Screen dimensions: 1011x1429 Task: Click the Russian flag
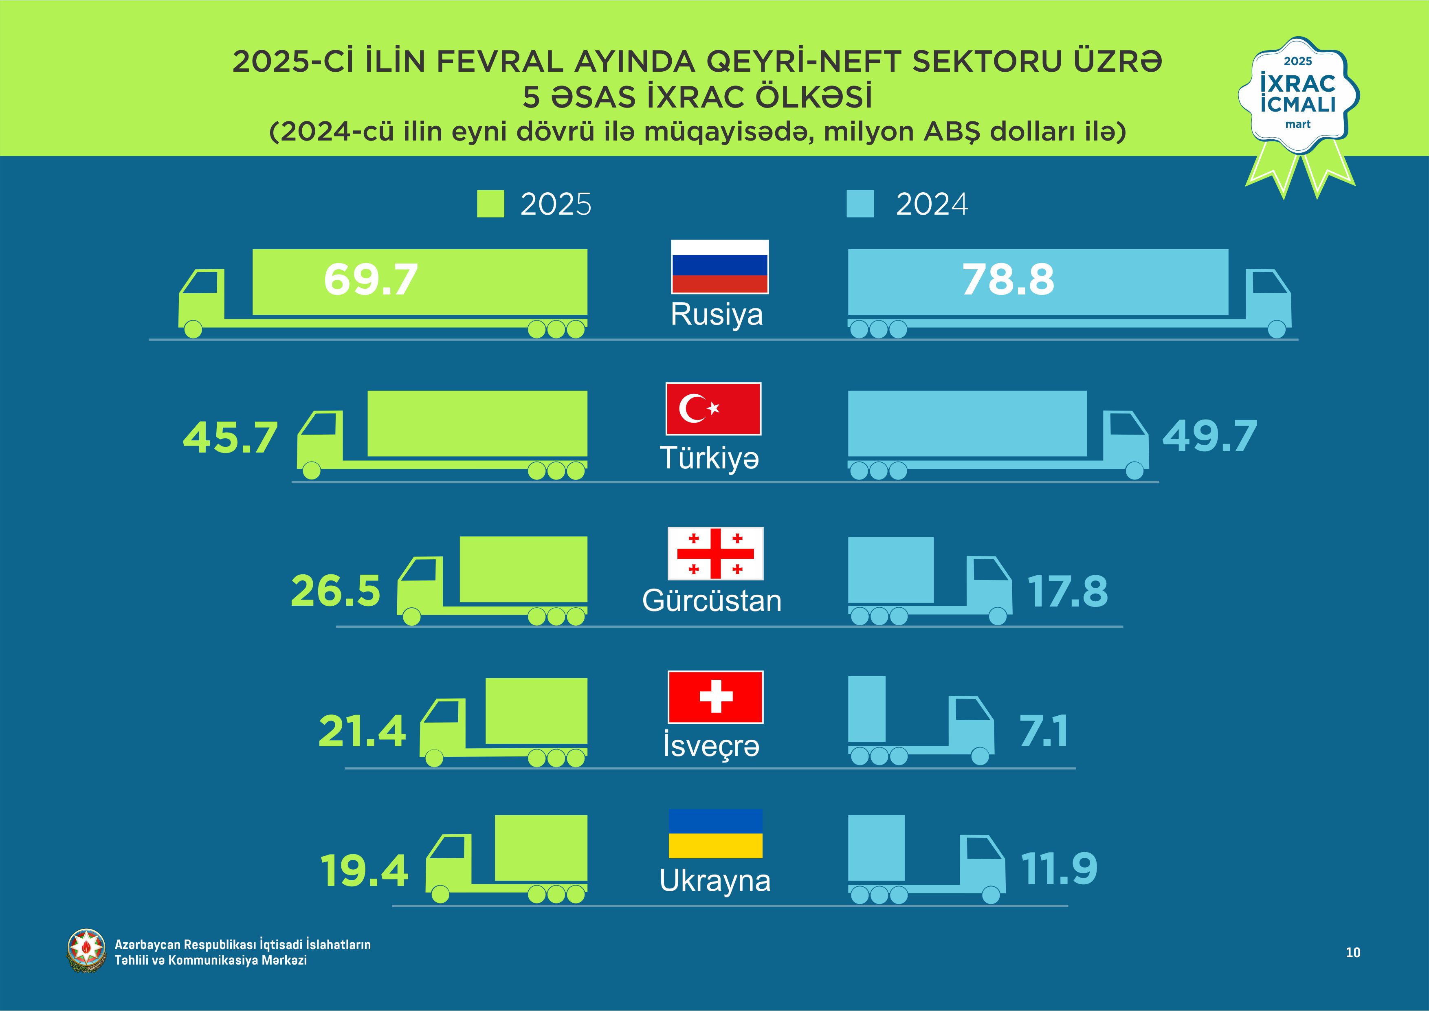[719, 266]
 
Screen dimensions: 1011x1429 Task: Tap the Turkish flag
[713, 409]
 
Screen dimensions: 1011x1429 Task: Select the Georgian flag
[715, 554]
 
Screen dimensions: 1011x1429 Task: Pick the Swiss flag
[715, 697]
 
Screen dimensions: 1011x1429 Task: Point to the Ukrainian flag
[715, 833]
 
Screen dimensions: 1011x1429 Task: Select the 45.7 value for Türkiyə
[230, 437]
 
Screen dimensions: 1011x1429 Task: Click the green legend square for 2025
[490, 204]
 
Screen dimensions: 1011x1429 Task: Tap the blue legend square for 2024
[860, 204]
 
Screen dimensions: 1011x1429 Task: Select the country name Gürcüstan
[711, 601]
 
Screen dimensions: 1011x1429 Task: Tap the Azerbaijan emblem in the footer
[86, 951]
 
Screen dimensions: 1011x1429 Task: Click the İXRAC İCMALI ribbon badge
[1298, 100]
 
